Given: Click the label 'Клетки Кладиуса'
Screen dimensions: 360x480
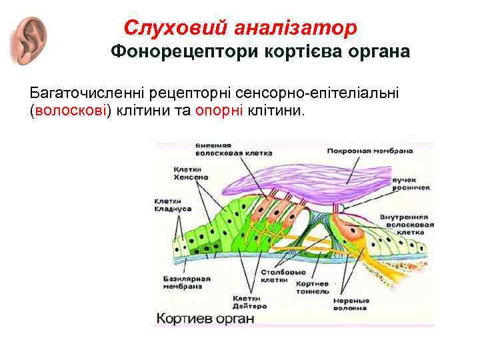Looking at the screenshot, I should point(173,205).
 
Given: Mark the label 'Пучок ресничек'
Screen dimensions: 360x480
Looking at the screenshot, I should point(409,184).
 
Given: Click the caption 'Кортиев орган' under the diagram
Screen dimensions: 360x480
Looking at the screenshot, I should point(203,319).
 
